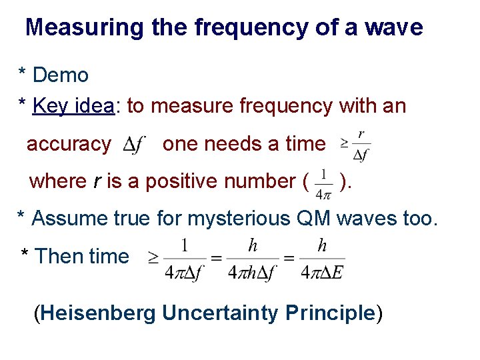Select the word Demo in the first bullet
(x=61, y=75)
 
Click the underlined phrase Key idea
(x=73, y=106)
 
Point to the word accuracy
(x=69, y=144)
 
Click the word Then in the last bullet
(x=57, y=256)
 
